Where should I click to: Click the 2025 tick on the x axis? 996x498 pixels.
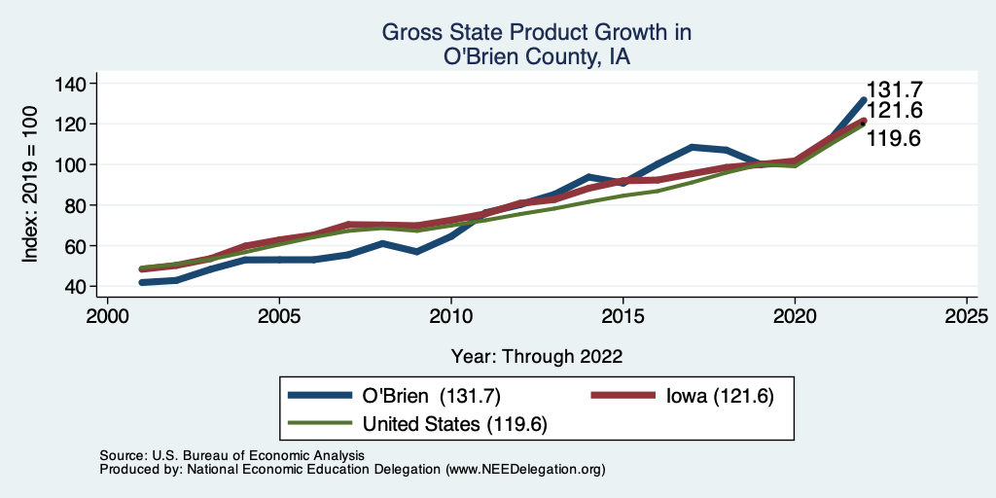967,317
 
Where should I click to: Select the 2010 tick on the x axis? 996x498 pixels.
451,317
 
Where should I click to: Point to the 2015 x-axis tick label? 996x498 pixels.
623,317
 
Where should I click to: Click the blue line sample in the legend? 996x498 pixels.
320,396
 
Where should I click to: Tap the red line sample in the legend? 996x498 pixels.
626,396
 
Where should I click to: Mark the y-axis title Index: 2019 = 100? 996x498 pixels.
31,185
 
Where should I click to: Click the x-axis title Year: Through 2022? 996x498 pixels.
537,355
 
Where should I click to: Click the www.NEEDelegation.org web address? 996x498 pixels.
525,469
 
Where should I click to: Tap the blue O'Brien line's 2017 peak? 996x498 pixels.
692,147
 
